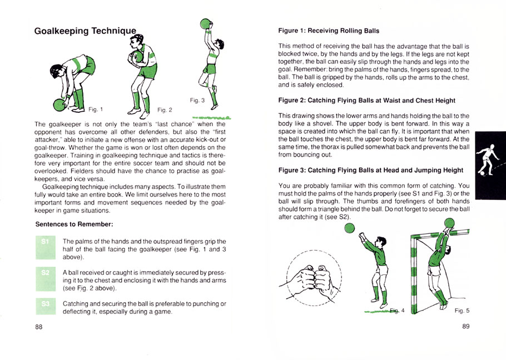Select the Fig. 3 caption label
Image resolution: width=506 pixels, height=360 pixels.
(197, 101)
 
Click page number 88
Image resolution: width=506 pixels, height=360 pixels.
(39, 327)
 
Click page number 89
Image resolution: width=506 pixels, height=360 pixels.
(466, 327)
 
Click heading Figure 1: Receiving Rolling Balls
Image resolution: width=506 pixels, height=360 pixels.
(329, 31)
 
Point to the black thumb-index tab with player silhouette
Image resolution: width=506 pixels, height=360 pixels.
(490, 165)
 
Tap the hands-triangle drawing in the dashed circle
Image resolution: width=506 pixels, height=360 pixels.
(315, 277)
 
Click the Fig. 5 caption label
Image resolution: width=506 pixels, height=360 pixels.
(462, 311)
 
